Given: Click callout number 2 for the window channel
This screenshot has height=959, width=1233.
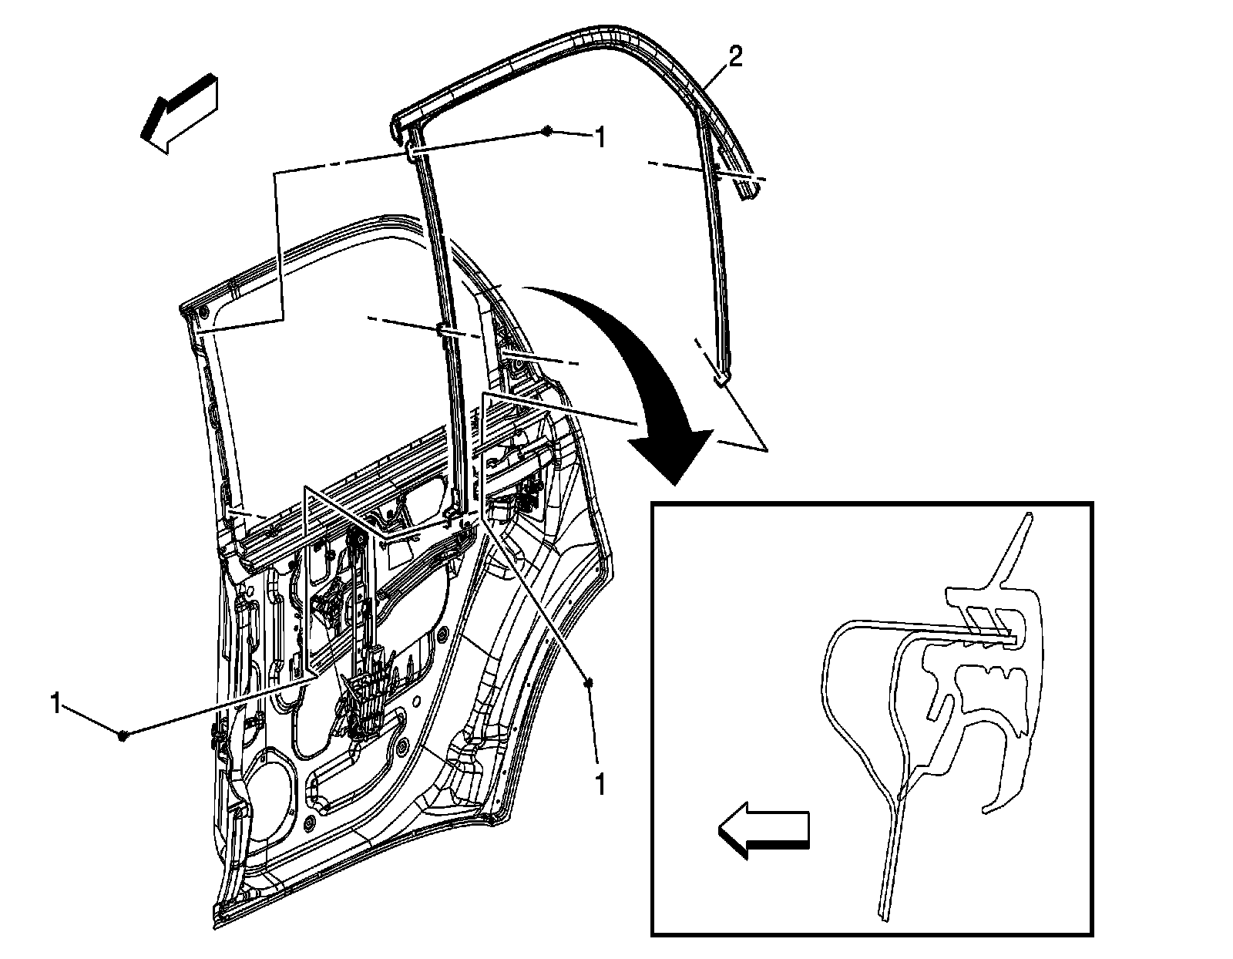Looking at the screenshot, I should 736,59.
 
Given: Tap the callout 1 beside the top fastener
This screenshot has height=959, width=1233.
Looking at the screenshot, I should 598,139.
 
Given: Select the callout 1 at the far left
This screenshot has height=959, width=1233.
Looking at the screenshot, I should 55,704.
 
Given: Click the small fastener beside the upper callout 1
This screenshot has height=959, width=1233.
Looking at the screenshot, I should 546,131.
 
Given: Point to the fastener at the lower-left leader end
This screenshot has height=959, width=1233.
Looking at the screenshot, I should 123,735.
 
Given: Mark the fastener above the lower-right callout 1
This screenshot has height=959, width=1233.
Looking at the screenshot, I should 589,683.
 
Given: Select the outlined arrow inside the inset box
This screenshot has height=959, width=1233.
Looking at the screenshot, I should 763,832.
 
